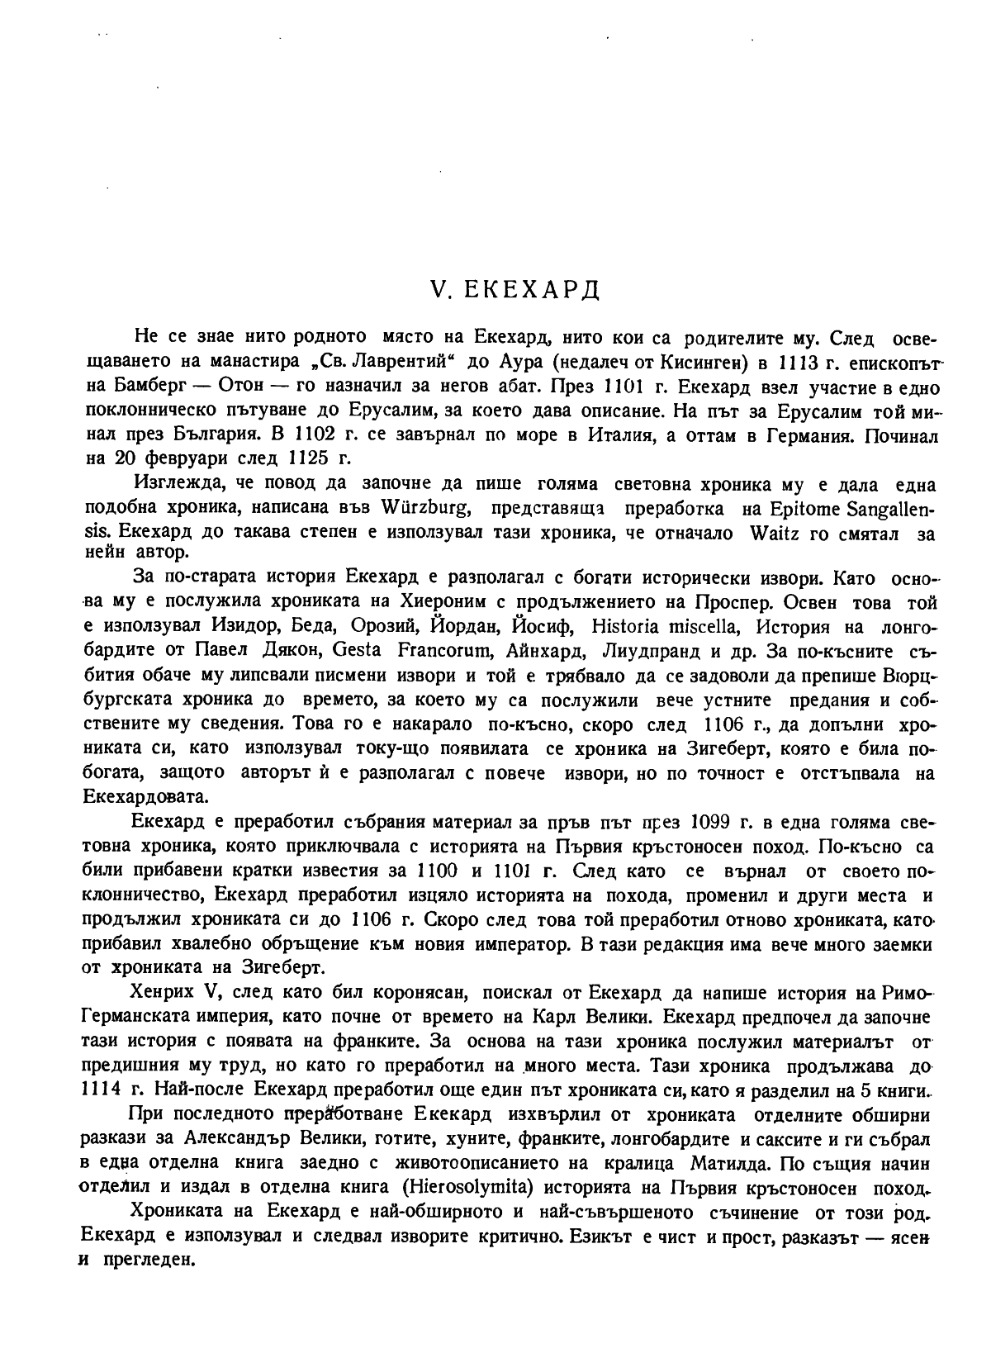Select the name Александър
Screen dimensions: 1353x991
tap(247, 1140)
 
